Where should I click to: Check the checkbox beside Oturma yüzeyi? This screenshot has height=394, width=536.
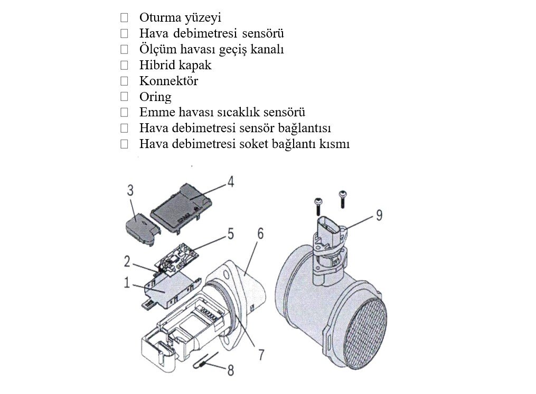click(124, 17)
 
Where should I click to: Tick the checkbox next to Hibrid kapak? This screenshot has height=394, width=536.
click(124, 65)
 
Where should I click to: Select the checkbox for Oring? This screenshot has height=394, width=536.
click(124, 97)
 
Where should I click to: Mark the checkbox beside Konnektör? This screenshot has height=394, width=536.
click(124, 81)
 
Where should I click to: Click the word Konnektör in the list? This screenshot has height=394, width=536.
click(168, 81)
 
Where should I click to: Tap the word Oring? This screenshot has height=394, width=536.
click(155, 97)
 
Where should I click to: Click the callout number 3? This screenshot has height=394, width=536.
click(130, 190)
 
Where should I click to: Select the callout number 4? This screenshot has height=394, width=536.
click(231, 182)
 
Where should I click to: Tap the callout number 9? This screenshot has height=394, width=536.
click(379, 215)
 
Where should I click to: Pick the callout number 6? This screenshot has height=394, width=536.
click(260, 233)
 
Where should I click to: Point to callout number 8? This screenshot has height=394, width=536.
click(231, 370)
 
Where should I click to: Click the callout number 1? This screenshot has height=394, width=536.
click(127, 283)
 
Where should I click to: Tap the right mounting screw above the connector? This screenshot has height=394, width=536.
click(342, 199)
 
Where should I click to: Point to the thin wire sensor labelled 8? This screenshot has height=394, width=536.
click(206, 361)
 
